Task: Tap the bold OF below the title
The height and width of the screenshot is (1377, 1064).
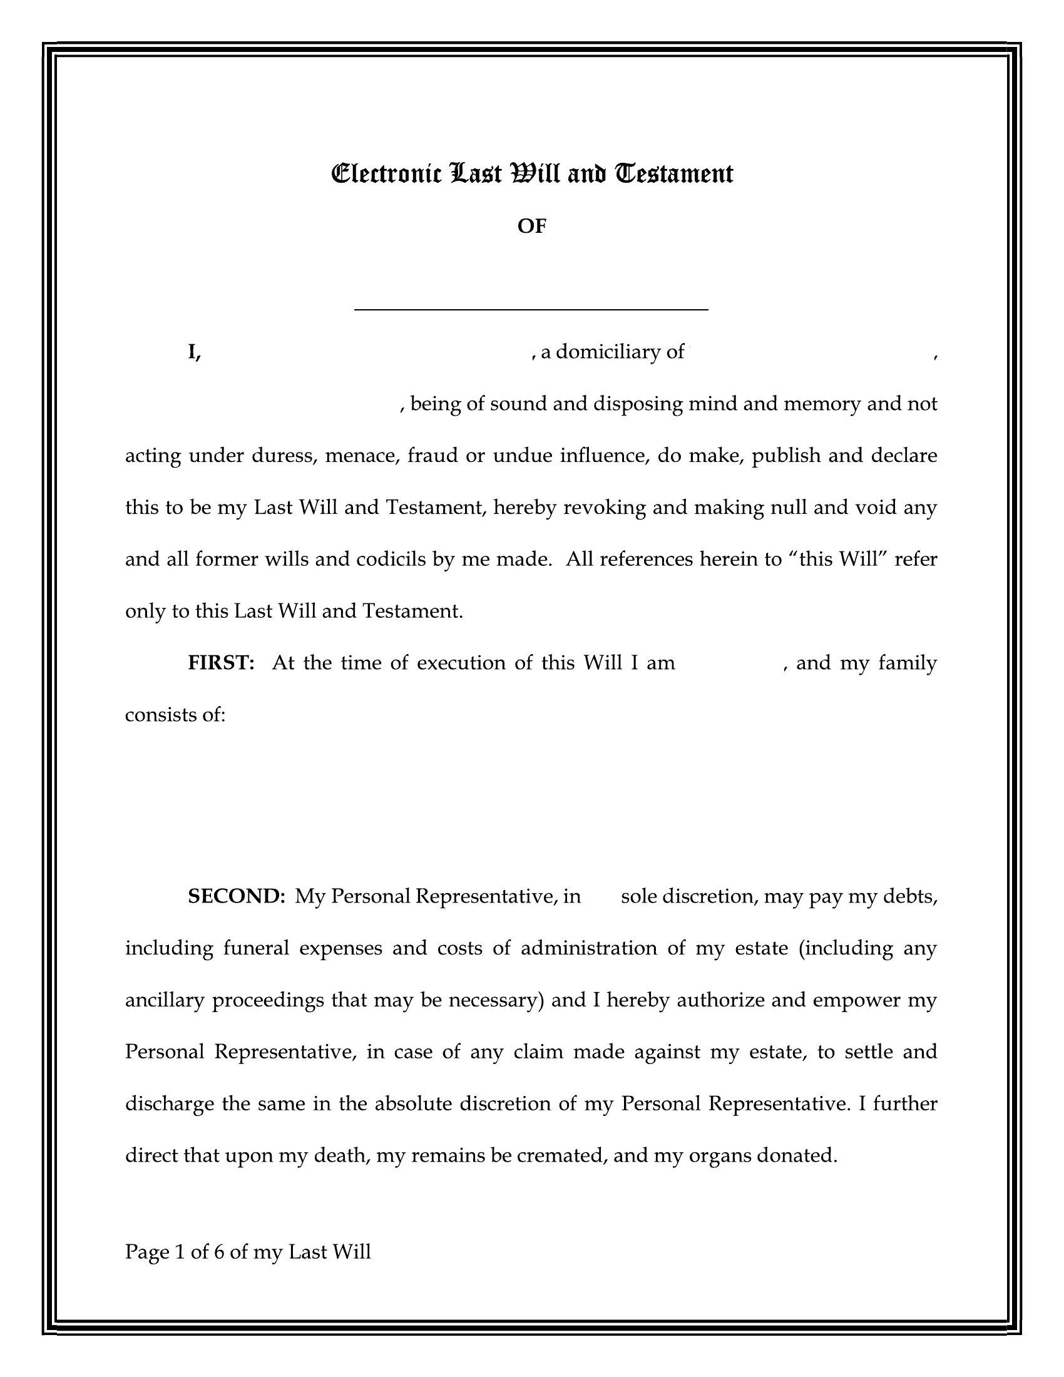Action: coord(531,227)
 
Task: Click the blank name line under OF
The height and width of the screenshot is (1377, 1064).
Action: coord(531,309)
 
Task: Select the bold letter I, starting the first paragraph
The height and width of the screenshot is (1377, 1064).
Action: coord(193,352)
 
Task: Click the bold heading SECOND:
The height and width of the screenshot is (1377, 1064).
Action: coord(237,896)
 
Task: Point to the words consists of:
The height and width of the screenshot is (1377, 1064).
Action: coord(175,715)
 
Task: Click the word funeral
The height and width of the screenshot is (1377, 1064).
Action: coord(256,948)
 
